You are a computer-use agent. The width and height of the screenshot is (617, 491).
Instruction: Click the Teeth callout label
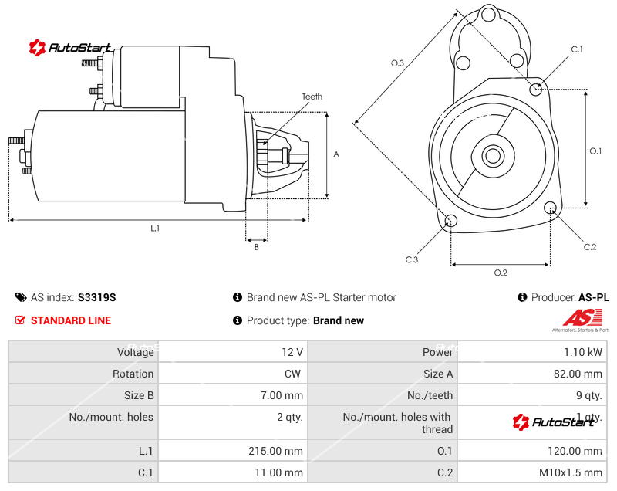tap(312, 97)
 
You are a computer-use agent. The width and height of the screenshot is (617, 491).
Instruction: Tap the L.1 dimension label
tap(155, 228)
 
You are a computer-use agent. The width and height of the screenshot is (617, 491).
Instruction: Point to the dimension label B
tap(256, 247)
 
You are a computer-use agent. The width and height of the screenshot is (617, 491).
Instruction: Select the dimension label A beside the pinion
tap(336, 154)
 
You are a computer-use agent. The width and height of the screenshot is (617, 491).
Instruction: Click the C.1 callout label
tap(576, 50)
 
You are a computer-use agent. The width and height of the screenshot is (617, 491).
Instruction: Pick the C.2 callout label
tap(590, 247)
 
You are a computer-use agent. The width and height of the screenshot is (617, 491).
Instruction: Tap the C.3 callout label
tap(411, 259)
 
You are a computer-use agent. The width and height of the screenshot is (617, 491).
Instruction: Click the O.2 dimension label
tap(500, 273)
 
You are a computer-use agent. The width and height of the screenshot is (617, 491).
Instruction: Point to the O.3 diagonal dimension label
tap(398, 63)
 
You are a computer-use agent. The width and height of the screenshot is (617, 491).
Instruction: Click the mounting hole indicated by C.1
tap(537, 89)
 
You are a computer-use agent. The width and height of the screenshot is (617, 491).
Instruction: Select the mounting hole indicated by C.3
tap(452, 222)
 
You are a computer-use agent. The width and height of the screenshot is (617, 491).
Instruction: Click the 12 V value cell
tap(292, 352)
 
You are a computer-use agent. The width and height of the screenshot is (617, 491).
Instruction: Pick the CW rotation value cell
tap(294, 374)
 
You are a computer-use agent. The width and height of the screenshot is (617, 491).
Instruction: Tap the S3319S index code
tap(97, 297)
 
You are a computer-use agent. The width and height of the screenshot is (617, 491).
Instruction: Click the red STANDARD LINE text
tap(71, 320)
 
